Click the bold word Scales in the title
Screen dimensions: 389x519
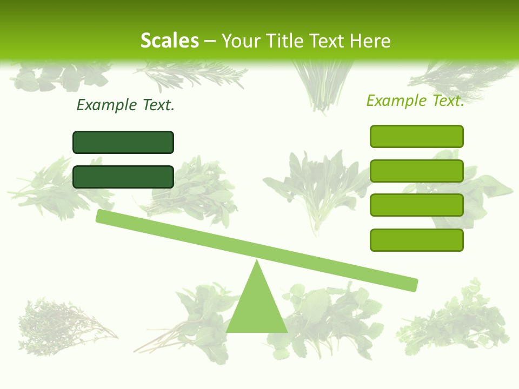(x=169, y=41)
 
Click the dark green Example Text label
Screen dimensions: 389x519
(x=125, y=105)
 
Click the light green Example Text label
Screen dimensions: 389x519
(x=415, y=100)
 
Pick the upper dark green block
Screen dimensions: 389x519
(x=123, y=142)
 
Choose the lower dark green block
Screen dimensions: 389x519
(x=123, y=177)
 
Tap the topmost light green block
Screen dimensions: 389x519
(x=416, y=136)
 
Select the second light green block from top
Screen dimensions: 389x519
(x=416, y=171)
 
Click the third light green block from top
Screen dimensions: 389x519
(x=416, y=205)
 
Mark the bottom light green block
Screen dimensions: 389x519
(x=416, y=240)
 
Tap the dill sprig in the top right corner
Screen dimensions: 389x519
(x=465, y=76)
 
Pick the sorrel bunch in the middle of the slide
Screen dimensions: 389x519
(x=316, y=186)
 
